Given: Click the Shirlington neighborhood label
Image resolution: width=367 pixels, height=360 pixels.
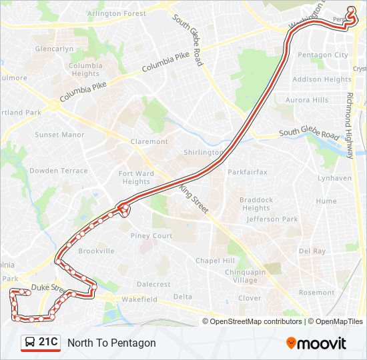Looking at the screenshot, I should coord(204,152).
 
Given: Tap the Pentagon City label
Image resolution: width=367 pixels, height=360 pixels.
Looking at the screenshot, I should coord(322,55).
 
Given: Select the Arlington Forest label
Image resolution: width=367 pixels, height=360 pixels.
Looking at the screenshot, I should coord(117,13).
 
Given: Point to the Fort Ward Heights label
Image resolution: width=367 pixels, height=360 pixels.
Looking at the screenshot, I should coord(136,178).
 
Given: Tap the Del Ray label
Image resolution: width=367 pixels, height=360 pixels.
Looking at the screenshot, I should coord(312,251).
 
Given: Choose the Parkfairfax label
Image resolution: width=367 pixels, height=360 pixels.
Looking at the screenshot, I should coord(247,172).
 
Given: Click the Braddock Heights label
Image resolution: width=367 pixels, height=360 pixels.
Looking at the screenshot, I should coord(256,204).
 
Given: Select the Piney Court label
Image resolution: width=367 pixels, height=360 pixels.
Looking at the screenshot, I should coord(151,236).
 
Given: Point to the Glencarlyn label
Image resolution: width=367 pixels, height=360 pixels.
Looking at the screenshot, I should coord(54,49).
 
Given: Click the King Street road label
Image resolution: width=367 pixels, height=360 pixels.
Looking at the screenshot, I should coord(194,199).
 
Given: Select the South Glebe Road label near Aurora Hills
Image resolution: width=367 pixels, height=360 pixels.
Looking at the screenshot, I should coord(309,133).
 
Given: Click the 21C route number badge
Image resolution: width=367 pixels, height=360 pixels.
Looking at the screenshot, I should coord(48,343).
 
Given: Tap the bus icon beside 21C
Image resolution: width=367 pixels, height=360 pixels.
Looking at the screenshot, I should coord(30,343).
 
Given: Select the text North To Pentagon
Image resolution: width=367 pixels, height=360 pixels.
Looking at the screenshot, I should coord(111,343).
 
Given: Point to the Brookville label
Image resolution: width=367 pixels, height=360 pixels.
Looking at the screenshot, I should coord(96,251).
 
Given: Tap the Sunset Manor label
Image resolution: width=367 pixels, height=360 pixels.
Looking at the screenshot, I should coord(59,135).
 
